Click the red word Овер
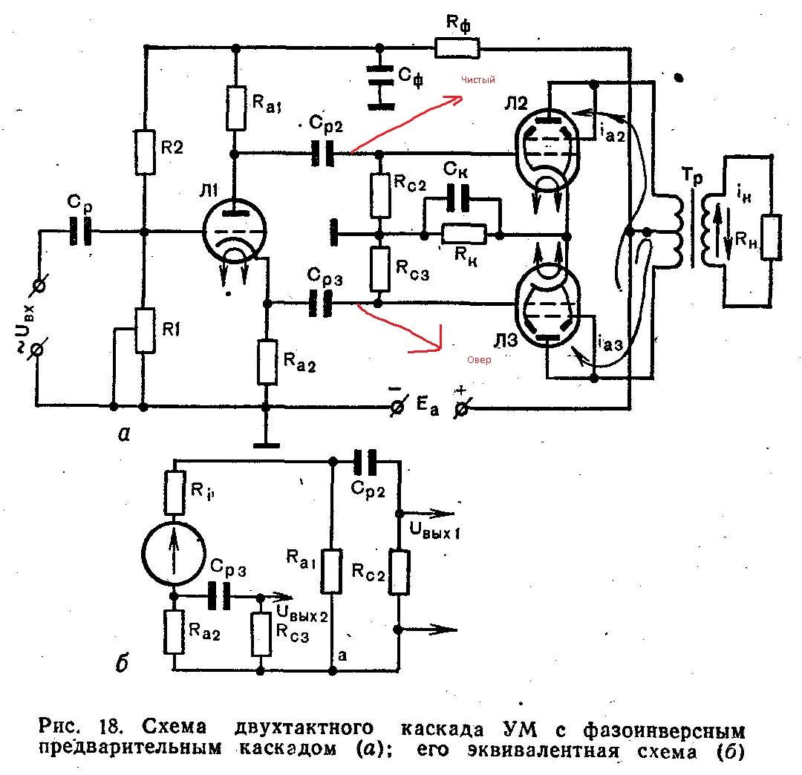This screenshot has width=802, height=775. coord(479,359)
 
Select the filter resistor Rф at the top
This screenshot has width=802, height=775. coord(457,48)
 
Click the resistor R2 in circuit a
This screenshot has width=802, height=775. coord(146,153)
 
